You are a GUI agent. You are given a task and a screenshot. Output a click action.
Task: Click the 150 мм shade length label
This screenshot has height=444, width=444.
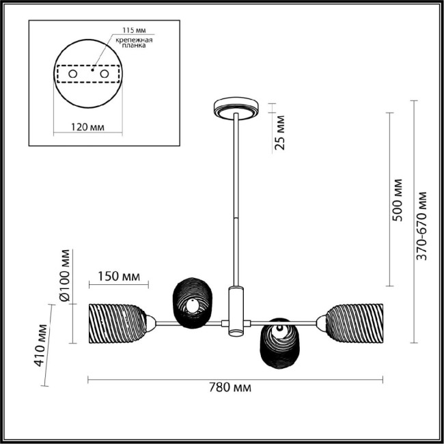pos(114,277)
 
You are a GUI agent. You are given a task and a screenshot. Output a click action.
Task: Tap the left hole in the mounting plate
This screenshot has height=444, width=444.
pos(72,72)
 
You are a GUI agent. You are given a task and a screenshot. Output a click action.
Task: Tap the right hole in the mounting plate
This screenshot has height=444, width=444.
pos(104,72)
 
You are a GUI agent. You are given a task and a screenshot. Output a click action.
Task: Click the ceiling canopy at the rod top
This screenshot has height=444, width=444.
pos(236,107)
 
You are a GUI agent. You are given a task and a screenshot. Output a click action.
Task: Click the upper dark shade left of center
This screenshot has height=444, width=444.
pos(192,302)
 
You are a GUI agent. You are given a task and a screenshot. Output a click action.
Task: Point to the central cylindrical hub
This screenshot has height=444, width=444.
pos(236,311)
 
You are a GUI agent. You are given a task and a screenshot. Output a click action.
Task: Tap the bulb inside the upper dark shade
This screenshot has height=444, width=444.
pos(195,306)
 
